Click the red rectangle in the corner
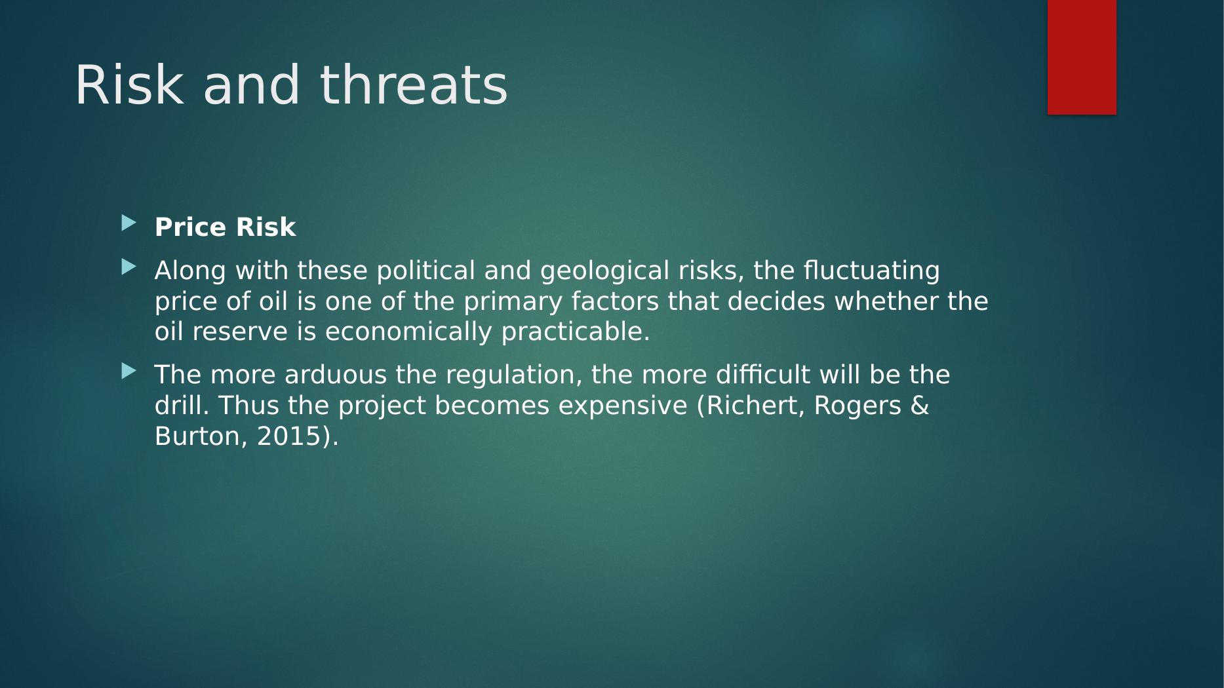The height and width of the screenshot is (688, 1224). (x=1082, y=57)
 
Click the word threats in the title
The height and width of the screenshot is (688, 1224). (x=414, y=85)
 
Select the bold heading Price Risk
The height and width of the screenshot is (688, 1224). (x=225, y=227)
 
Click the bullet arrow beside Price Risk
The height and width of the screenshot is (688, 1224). (x=129, y=224)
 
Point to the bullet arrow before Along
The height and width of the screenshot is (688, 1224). (x=129, y=267)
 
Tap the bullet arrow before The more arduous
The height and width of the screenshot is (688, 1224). (x=129, y=372)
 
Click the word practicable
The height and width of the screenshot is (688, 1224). (x=576, y=332)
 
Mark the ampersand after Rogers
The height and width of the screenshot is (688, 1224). (x=920, y=406)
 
